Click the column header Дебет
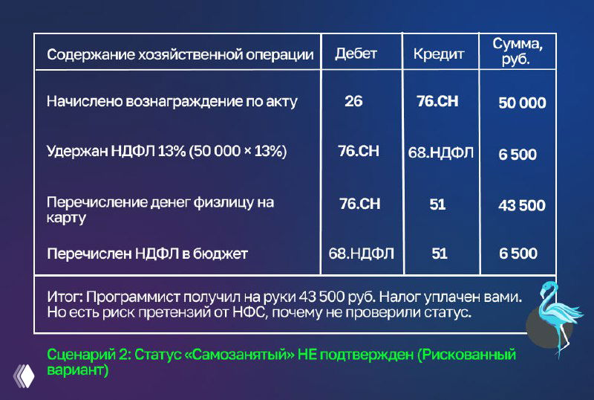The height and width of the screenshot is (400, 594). pos(356,54)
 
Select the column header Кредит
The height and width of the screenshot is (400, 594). pos(438,54)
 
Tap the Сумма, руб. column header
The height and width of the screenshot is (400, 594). pos(518,52)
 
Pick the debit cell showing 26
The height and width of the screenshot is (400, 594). pos(353,101)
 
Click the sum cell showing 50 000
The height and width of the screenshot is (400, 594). pos(522,103)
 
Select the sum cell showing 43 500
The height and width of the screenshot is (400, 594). pos(521,205)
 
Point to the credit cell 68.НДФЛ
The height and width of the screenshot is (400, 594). pos(440,152)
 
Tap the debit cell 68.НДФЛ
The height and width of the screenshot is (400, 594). pos(361,254)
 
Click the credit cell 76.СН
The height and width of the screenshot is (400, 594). pos(437,101)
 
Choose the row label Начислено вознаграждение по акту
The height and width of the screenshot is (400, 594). pos(172,102)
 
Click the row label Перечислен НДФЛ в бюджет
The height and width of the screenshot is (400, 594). pos(147,254)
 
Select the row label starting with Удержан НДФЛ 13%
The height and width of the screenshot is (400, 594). pos(166,152)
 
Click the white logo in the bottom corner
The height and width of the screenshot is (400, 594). pos(24,375)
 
